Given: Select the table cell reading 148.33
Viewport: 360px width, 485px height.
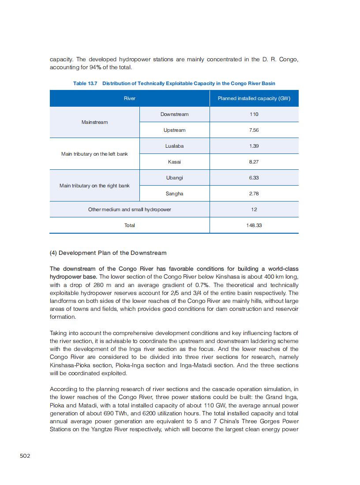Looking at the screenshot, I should click(x=254, y=225).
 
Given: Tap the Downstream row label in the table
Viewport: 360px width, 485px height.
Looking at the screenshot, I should click(x=174, y=114).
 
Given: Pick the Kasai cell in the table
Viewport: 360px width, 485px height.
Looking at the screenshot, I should click(x=174, y=162).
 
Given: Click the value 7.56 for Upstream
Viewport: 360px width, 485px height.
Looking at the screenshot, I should click(x=254, y=130).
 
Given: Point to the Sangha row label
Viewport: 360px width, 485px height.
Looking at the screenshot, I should click(x=174, y=194).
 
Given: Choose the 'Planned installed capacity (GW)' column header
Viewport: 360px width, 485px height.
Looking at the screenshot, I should click(x=254, y=98).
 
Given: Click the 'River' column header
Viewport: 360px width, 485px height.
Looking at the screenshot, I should click(x=129, y=98).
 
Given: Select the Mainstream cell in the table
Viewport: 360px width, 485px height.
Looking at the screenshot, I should click(x=94, y=122).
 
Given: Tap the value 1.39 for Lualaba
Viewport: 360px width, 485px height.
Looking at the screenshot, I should click(x=254, y=146).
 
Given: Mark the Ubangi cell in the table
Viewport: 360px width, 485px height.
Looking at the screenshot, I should click(x=174, y=178).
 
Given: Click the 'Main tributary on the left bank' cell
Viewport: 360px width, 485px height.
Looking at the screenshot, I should click(x=94, y=154).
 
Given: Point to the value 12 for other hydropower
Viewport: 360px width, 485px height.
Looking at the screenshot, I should click(x=254, y=209).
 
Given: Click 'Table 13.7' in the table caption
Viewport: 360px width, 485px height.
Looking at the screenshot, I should click(x=85, y=83).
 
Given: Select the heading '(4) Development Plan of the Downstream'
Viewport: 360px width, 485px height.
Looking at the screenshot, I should click(x=108, y=253).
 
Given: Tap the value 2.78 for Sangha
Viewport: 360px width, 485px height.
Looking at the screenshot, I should click(x=254, y=194).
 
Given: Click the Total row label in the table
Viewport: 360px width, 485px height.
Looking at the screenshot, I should click(x=129, y=225).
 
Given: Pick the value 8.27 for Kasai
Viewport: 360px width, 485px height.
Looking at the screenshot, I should click(x=254, y=162).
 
